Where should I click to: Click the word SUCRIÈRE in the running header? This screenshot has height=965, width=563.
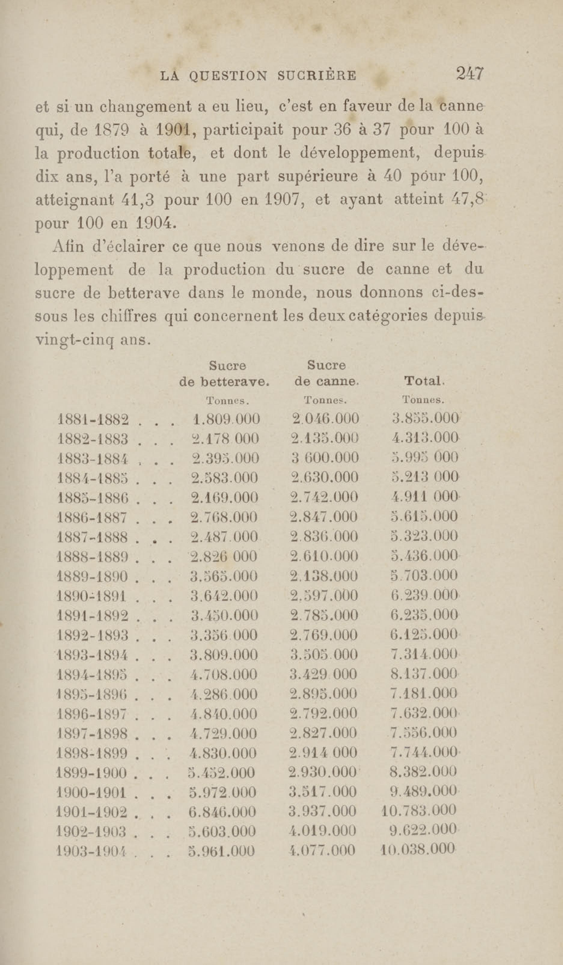[x=316, y=75]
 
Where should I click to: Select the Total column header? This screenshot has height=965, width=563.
[x=424, y=381]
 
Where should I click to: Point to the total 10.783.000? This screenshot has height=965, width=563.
[x=419, y=810]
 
